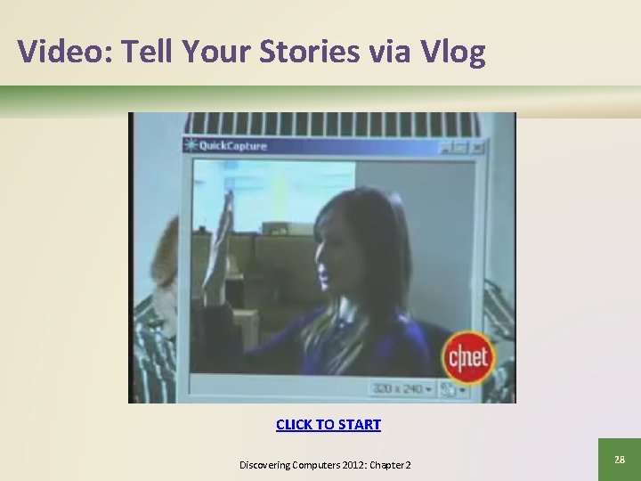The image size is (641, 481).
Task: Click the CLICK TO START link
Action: tap(329, 425)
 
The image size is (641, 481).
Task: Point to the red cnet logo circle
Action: tap(468, 356)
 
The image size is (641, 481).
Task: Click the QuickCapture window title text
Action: tap(233, 146)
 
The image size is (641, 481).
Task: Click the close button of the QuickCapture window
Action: tap(479, 147)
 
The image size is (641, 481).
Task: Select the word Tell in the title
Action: tap(146, 52)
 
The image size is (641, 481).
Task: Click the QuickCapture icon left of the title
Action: tap(190, 146)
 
